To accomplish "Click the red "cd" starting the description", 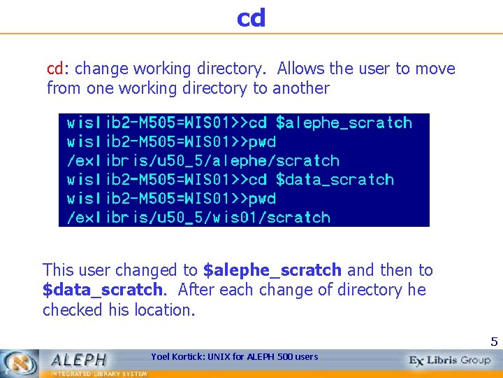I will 55,69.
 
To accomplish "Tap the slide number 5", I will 494,342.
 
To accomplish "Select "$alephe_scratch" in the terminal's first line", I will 344,123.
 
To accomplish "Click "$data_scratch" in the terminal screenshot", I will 335,180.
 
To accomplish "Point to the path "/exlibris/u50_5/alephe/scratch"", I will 203,161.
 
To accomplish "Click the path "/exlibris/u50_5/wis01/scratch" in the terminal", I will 198,218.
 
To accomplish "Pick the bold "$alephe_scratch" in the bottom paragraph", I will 272,270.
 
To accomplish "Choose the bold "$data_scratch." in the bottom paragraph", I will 103,290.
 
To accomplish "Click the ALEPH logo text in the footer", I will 78,359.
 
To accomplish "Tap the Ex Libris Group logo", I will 450,360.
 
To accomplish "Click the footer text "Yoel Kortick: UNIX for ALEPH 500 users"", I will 234,357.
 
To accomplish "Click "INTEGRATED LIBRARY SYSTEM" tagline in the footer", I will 97,374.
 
